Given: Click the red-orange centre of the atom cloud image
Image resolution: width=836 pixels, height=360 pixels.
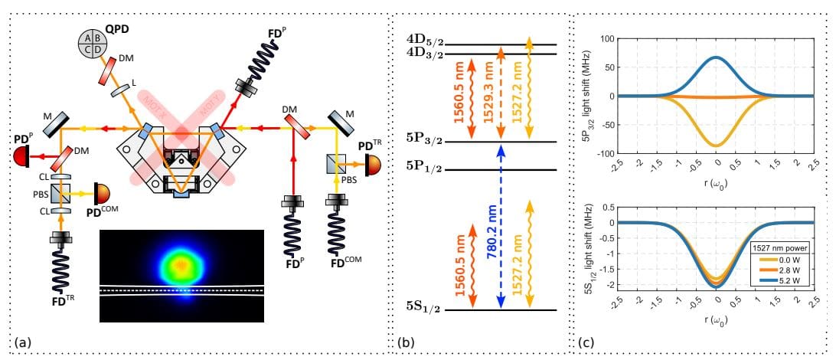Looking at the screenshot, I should [181, 265].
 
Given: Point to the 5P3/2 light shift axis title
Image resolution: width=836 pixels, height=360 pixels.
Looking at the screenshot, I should [588, 96].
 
